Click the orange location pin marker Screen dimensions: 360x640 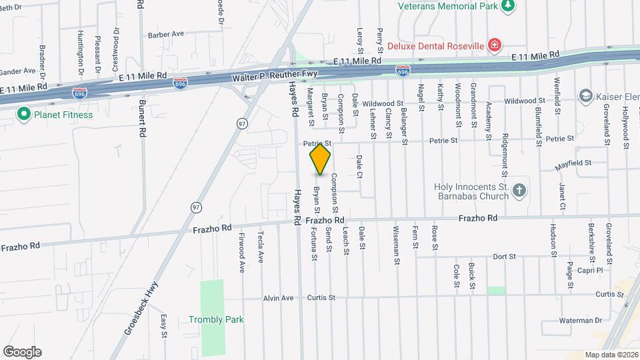click(320, 159)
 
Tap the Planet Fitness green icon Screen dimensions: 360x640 click(24, 114)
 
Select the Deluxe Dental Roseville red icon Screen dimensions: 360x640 click(494, 45)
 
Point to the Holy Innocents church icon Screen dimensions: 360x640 click(519, 191)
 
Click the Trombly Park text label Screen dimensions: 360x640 click(215, 319)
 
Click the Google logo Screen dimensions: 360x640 click(22, 352)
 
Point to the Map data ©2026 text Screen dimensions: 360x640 click(611, 355)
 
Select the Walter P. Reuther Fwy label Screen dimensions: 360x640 click(275, 78)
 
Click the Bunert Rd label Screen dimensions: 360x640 click(142, 119)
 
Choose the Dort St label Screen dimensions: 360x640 click(504, 256)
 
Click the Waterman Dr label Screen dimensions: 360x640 click(580, 321)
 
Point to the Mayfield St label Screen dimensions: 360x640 click(575, 162)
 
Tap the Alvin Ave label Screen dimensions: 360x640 click(278, 298)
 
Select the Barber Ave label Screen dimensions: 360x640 click(165, 34)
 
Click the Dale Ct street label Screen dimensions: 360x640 click(359, 166)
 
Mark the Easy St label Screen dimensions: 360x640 click(163, 327)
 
